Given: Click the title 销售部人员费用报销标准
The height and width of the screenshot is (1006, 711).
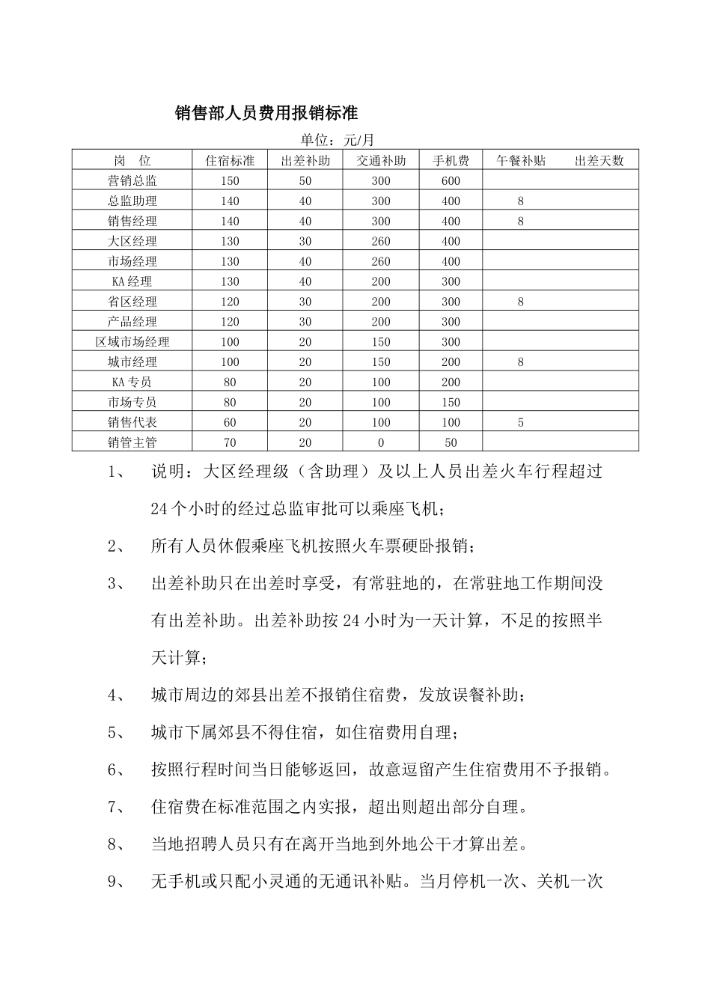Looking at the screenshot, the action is (266, 113).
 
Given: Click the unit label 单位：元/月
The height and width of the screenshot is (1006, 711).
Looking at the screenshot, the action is (337, 140).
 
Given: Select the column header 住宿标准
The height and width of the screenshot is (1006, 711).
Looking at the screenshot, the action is (230, 161).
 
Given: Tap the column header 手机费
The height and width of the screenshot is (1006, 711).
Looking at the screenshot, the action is (451, 161).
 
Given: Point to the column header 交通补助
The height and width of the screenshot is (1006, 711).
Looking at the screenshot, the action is (381, 161).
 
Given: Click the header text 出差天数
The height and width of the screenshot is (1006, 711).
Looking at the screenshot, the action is (599, 161).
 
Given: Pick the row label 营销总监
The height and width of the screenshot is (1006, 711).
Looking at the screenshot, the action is (132, 181).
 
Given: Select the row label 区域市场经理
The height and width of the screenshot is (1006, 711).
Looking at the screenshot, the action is (132, 342).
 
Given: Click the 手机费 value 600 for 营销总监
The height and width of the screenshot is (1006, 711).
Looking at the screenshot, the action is (451, 181).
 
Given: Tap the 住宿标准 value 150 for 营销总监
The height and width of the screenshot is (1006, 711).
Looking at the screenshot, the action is (230, 181).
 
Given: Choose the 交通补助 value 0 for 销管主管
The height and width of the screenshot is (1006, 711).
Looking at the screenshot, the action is (381, 443).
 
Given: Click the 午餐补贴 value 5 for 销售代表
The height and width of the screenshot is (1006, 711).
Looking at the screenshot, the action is (521, 423).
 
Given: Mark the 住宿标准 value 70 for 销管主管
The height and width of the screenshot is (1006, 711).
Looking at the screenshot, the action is (230, 443).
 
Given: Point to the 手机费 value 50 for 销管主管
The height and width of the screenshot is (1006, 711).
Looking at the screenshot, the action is (451, 443).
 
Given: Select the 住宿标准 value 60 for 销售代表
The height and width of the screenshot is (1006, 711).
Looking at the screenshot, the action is (230, 423).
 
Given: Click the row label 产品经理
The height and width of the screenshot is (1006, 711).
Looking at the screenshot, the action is (132, 322).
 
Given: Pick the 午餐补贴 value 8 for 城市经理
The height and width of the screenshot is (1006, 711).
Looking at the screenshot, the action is (521, 362).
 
